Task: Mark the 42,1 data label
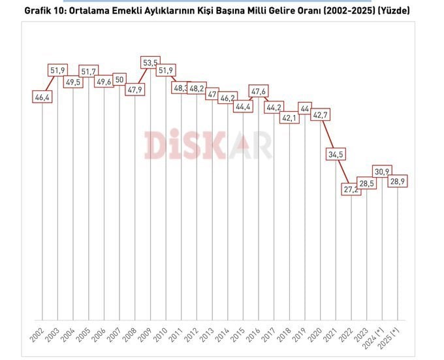290,118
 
